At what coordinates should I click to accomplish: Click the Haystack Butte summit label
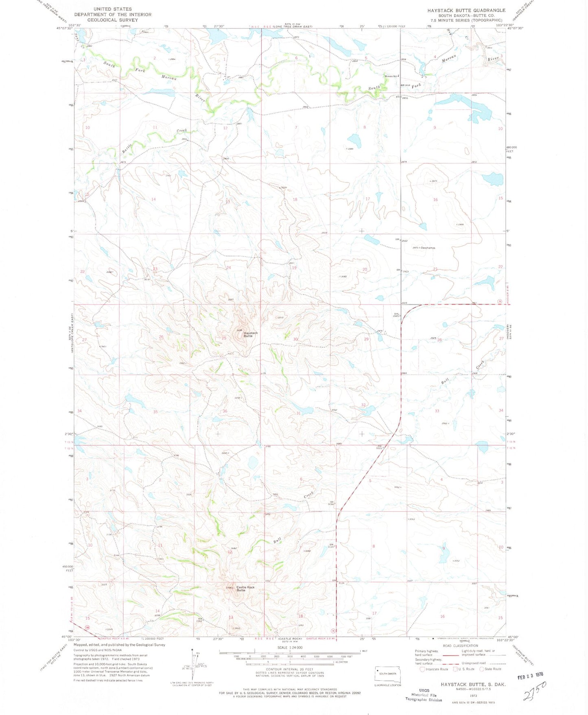251,334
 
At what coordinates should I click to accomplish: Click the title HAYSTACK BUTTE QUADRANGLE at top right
466,10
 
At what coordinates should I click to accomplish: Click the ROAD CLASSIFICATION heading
461,645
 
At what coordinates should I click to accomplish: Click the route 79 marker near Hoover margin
499,301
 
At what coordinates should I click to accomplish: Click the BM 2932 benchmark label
402,240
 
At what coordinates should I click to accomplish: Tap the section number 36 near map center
225,411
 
